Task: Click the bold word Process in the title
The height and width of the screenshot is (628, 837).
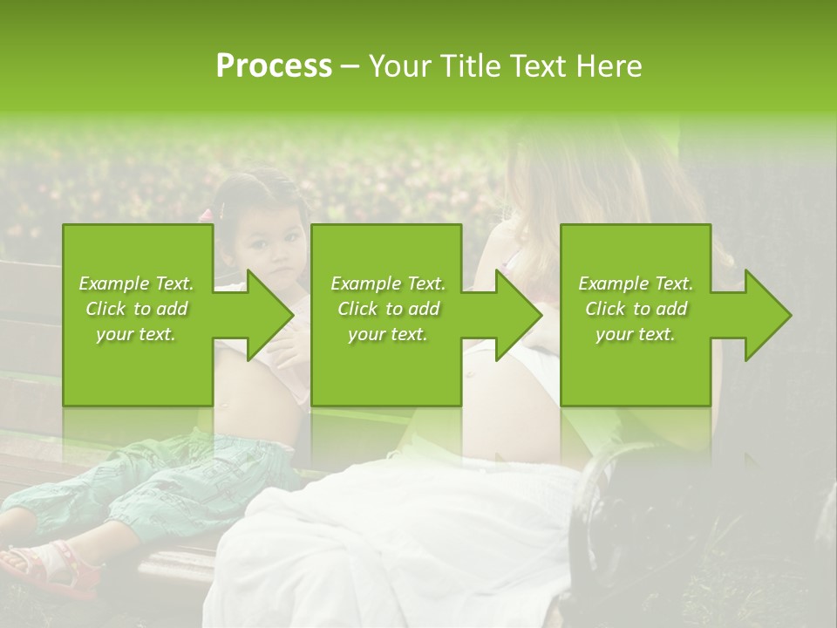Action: [x=274, y=65]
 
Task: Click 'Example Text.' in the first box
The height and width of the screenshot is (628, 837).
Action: [x=136, y=283]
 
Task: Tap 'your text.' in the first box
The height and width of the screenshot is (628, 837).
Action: [x=136, y=334]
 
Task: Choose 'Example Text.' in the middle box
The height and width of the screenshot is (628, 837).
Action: [x=388, y=283]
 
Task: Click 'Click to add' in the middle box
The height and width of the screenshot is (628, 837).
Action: [x=388, y=309]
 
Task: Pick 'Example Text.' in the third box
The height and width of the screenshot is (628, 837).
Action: [x=636, y=283]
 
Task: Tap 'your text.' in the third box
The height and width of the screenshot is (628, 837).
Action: [x=636, y=334]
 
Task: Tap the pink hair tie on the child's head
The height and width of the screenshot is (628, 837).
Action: [x=207, y=215]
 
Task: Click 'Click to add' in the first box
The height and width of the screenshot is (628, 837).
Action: [x=136, y=309]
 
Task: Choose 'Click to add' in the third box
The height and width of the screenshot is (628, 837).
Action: [x=636, y=309]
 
